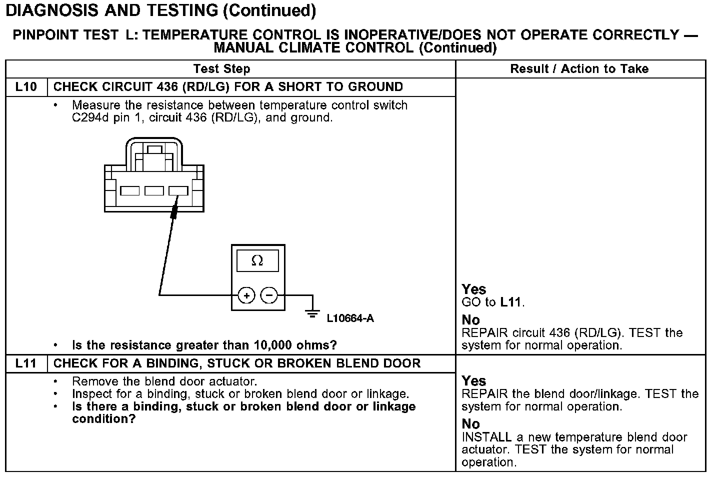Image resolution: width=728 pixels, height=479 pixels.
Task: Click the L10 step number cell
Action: [x=26, y=87]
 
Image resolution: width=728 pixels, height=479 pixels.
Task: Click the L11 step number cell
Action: [x=26, y=363]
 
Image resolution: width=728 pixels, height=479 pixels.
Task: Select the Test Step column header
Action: [x=221, y=69]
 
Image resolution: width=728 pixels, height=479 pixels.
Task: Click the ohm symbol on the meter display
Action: [x=257, y=261]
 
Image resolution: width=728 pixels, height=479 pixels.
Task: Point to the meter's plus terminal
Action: [x=246, y=295]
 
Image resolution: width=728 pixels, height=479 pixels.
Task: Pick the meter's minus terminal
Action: [x=269, y=295]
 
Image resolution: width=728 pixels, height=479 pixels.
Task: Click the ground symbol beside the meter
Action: [x=313, y=313]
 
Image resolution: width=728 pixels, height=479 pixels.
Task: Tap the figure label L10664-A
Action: [x=350, y=318]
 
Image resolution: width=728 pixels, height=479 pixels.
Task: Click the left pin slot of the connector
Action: [x=130, y=190]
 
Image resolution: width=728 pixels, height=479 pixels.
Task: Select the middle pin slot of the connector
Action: [x=154, y=190]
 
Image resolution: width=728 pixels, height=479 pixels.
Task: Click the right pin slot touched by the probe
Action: [x=178, y=190]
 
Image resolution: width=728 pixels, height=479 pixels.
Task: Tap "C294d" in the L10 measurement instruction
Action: [x=90, y=118]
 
